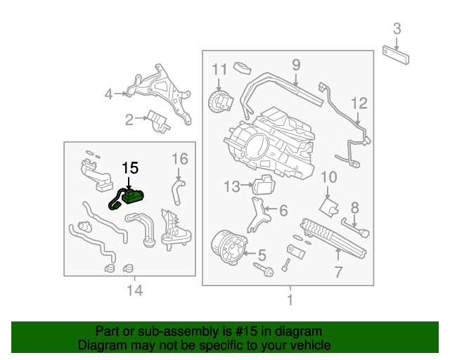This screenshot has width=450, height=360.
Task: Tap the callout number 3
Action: (397, 29)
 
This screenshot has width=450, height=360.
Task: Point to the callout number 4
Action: (108, 94)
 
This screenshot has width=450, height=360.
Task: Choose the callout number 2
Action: (129, 120)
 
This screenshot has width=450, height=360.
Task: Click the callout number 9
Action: (296, 65)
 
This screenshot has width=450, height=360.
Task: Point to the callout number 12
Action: (359, 103)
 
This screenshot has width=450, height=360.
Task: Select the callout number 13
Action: (232, 186)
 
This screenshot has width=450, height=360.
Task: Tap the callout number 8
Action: (355, 207)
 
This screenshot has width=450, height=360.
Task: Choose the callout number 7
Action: (337, 271)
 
